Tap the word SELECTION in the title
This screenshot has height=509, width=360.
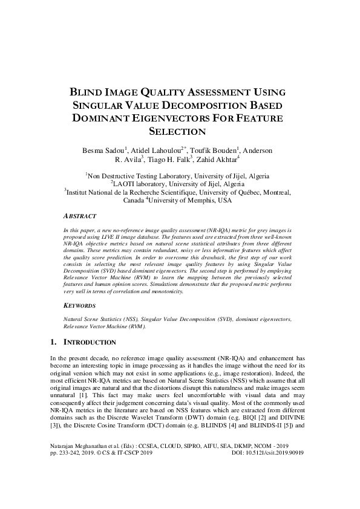coord(180,131)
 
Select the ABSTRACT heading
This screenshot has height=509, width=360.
coord(79,215)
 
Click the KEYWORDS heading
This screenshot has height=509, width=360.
coord(80,306)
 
